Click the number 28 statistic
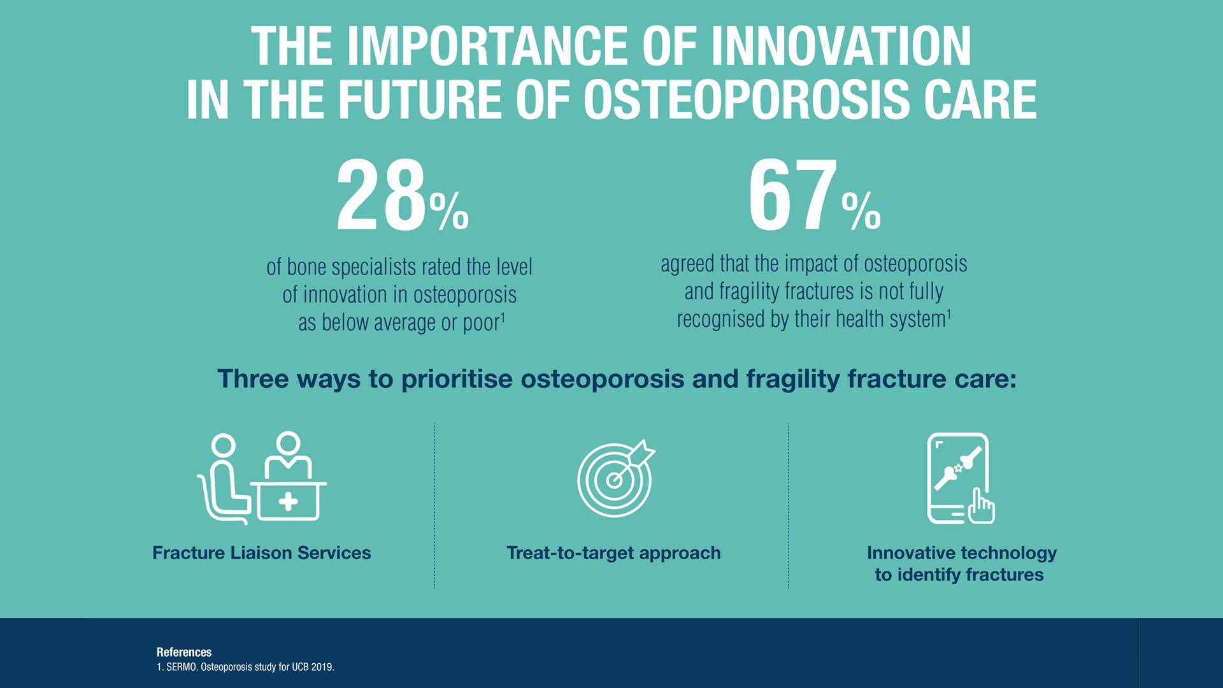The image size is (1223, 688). click(381, 196)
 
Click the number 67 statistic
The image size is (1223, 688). click(792, 196)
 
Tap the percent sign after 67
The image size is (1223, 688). click(861, 211)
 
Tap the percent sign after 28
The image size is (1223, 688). click(449, 211)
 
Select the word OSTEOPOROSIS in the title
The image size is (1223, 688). click(747, 100)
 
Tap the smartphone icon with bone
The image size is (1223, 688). click(957, 478)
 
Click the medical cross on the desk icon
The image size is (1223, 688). click(288, 501)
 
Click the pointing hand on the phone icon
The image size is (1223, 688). click(982, 507)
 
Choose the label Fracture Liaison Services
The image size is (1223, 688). click(261, 553)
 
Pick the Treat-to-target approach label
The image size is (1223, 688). click(613, 553)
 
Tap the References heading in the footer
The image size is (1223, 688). click(184, 652)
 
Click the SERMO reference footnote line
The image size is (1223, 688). click(245, 667)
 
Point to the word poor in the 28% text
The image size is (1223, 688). click(480, 323)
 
